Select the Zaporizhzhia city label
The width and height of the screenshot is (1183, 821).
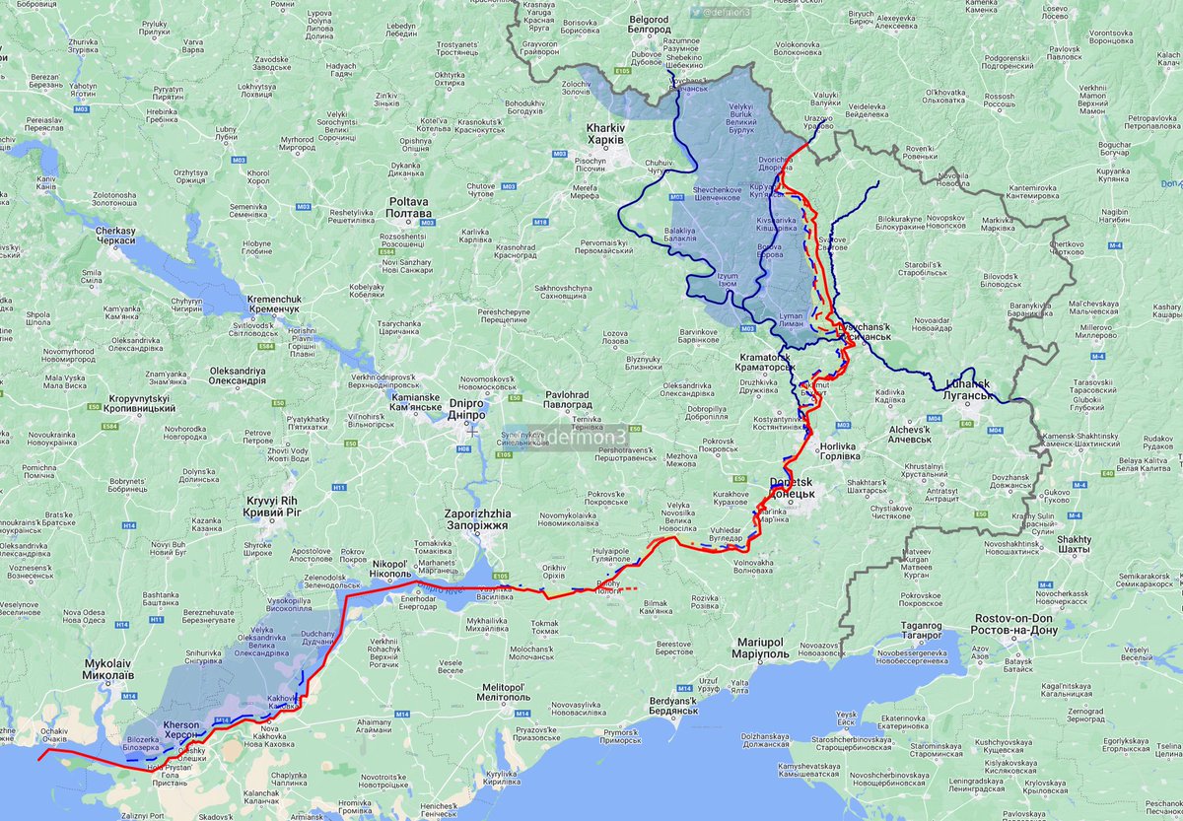point(476,519)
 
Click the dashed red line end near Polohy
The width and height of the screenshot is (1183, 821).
point(638,589)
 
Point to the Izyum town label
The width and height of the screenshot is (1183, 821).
point(729,281)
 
